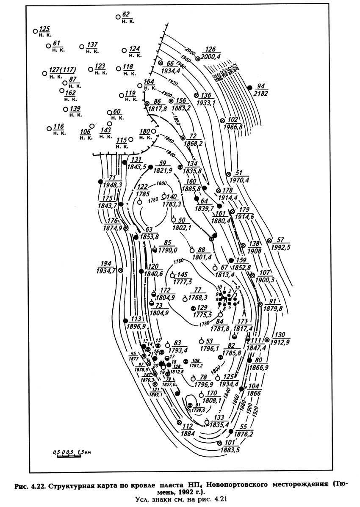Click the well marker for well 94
point(249,87)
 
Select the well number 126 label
point(210,49)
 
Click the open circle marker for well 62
point(118,17)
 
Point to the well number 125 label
point(44,28)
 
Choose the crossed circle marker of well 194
point(121,270)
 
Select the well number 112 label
point(188,426)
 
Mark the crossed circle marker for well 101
point(219,443)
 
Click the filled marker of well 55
point(231,431)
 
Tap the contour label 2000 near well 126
point(189,52)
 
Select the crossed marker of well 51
point(228,174)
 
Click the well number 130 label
point(280,334)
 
